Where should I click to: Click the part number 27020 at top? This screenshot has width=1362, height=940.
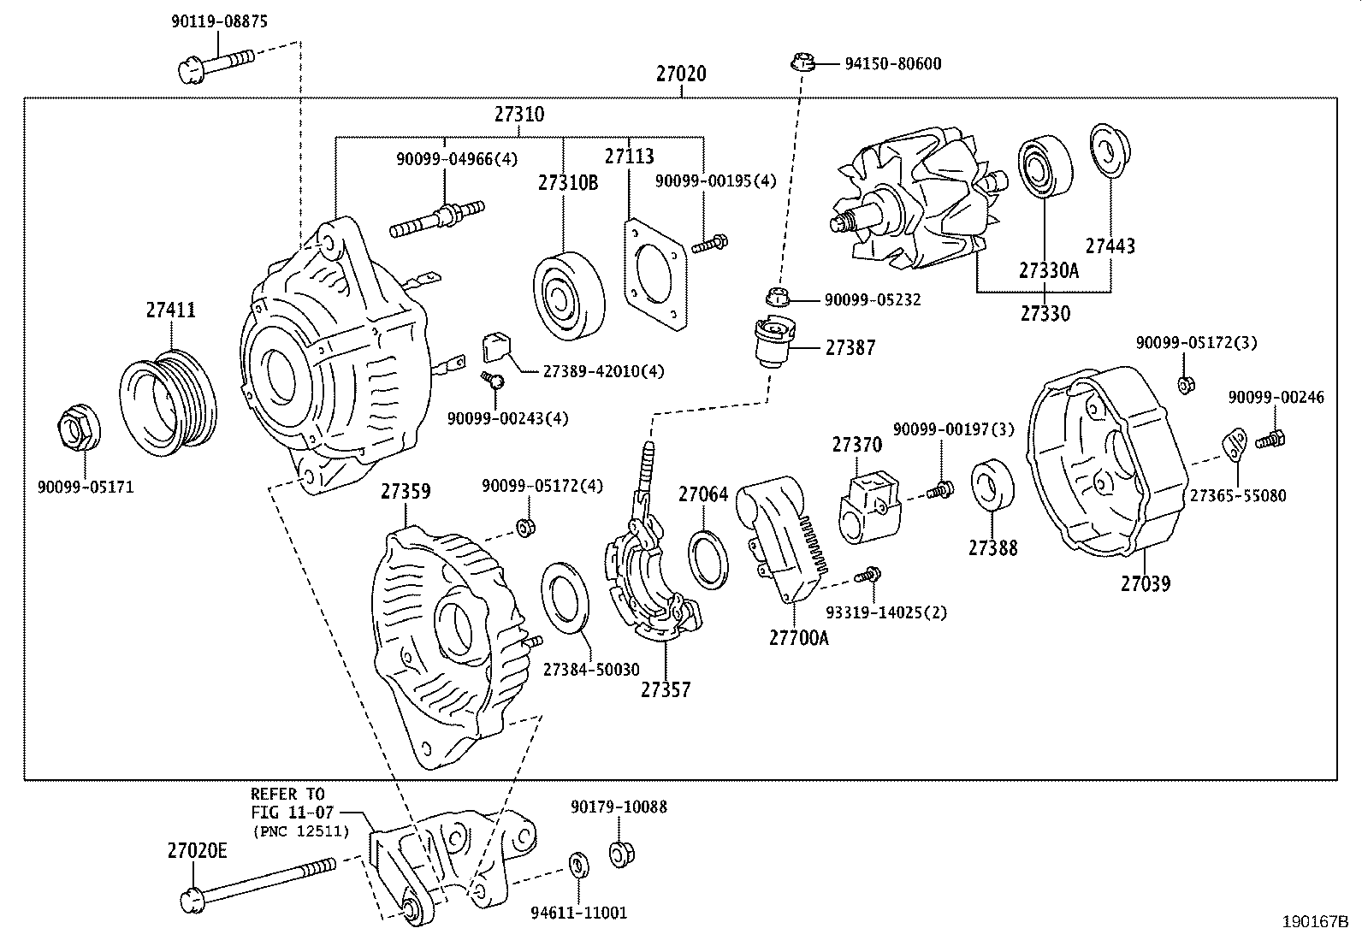[x=681, y=74]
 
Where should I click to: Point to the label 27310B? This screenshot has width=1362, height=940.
[x=567, y=182]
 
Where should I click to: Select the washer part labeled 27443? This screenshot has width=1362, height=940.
[x=1109, y=153]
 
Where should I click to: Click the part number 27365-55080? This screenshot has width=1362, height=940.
[x=1235, y=495]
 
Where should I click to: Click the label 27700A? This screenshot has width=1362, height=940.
[x=797, y=637]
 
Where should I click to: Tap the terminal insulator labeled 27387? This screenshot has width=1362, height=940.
[x=773, y=341]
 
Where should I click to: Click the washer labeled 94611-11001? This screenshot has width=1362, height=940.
[x=578, y=865]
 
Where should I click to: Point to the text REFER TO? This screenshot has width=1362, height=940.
[x=287, y=794]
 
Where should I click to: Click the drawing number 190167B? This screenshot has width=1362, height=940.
[x=1314, y=922]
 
